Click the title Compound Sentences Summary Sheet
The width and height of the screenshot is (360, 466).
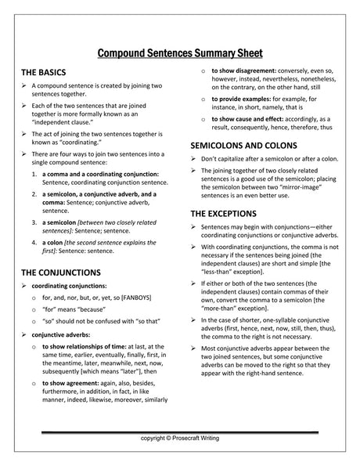pyautogui.click(x=180, y=54)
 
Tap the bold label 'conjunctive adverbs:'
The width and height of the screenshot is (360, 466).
pyautogui.click(x=63, y=334)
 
